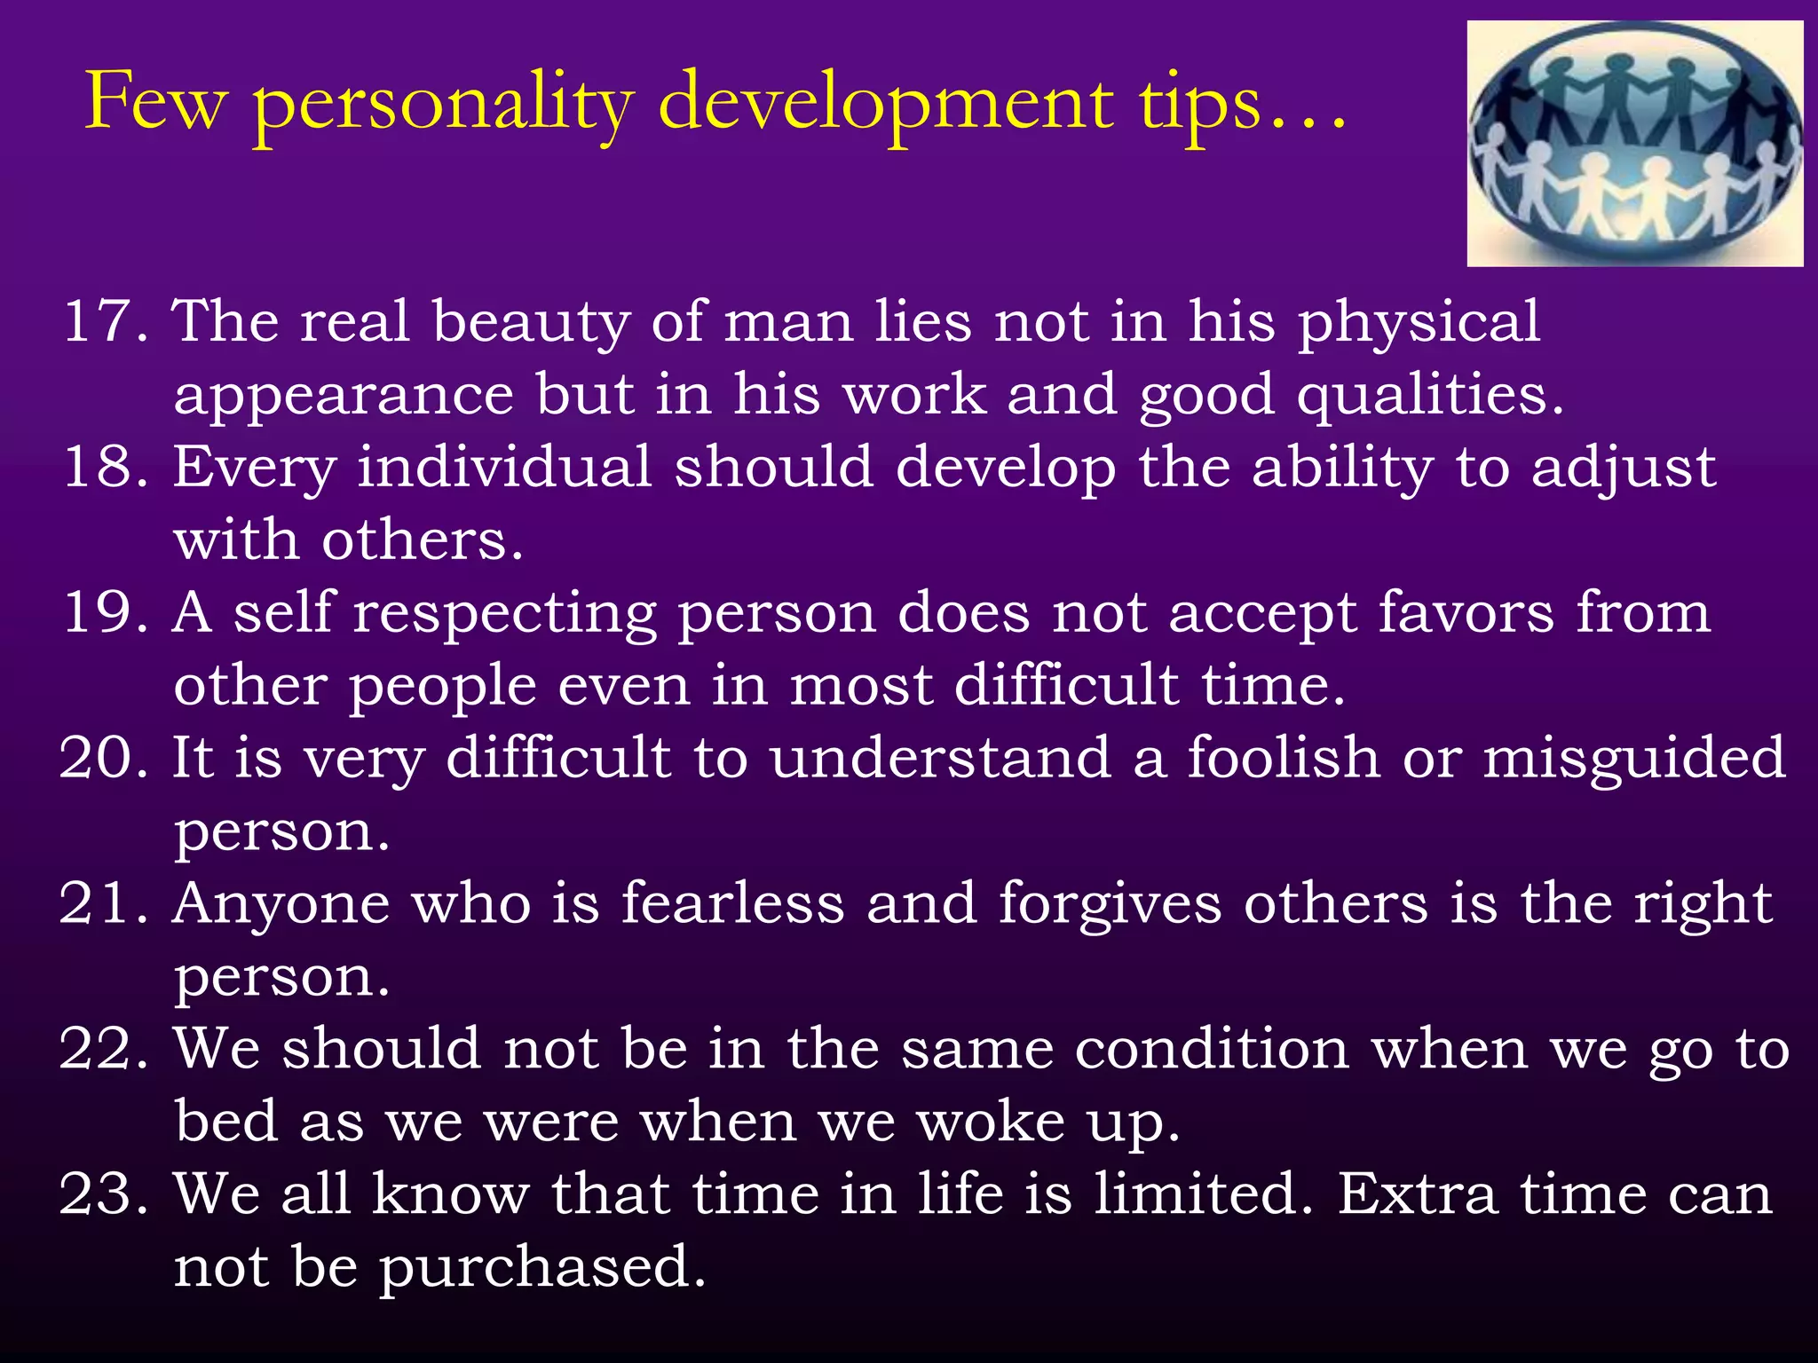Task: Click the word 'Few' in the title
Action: coord(155,103)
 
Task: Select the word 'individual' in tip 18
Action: coord(504,467)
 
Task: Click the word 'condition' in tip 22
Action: coord(1212,1049)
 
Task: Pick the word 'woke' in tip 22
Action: coord(990,1122)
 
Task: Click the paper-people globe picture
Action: coord(1634,144)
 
